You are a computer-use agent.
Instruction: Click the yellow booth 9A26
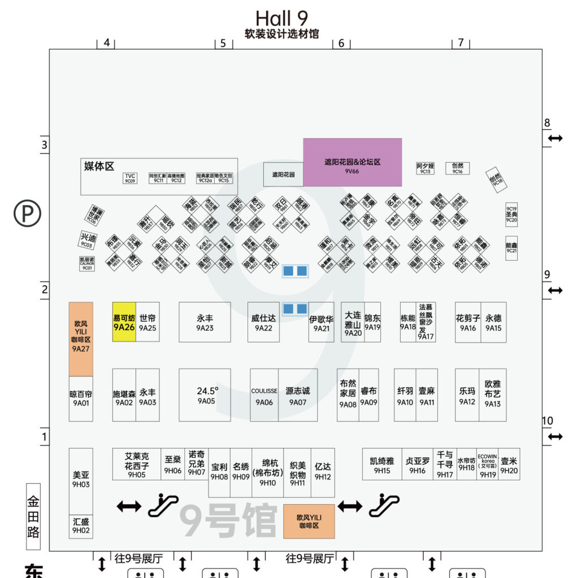pos(124,322)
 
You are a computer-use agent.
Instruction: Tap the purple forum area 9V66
pos(353,162)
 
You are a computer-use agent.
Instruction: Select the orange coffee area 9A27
pos(81,339)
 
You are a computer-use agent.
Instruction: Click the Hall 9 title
pos(281,18)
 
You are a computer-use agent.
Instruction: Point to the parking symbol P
pos(28,213)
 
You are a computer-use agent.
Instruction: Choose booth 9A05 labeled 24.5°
pos(205,395)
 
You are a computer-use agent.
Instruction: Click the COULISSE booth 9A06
pos(264,395)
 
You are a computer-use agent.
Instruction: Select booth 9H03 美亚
pos(81,480)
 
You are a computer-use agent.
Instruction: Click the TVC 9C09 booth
pos(130,178)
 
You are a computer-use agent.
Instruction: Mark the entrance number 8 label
pos(546,123)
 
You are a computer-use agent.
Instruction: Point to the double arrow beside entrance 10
pos(555,436)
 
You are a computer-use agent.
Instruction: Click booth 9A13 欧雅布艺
pos(492,395)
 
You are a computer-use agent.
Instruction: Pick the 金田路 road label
pos(34,516)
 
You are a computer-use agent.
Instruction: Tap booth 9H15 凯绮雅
pos(382,465)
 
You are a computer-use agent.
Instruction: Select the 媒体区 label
pos(99,166)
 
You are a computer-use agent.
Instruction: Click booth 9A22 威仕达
pos(263,322)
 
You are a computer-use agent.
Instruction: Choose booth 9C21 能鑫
pos(511,248)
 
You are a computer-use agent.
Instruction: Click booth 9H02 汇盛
pos(81,526)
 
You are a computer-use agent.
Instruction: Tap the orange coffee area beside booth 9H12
pos(309,520)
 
